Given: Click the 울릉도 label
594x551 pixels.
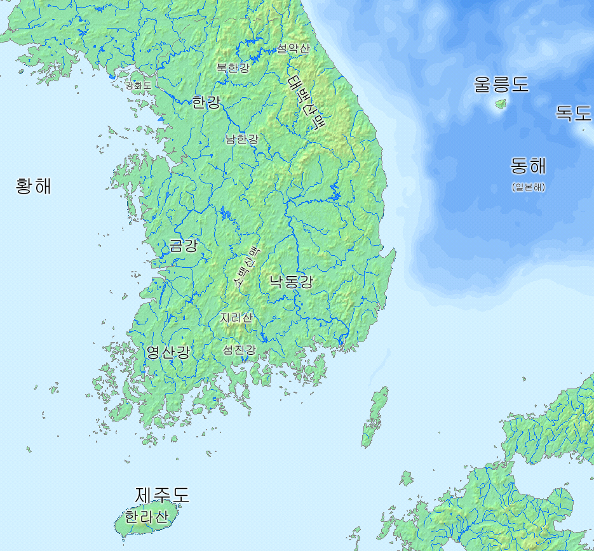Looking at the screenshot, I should [501, 84].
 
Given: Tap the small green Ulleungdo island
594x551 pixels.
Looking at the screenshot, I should [500, 103].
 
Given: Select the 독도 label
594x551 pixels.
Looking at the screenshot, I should [573, 113].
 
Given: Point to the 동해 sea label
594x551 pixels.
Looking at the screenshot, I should [528, 166].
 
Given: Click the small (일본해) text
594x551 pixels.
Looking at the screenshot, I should [528, 187].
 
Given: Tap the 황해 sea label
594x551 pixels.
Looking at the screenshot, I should [34, 186].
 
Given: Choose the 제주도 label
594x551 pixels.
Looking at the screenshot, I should [162, 495].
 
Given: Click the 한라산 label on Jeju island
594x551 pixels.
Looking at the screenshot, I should [147, 517].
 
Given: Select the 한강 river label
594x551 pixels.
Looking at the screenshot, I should [206, 102].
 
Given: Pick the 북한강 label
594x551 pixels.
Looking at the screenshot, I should [233, 67].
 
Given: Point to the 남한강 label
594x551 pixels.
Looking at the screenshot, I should [241, 139].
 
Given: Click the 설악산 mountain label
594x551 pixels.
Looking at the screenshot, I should [293, 49].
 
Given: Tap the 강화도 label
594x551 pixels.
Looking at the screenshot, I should [139, 85].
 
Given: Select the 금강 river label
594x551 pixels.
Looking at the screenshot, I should [184, 246].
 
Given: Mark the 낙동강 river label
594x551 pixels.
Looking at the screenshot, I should [291, 282].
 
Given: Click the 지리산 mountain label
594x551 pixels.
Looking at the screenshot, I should [236, 317].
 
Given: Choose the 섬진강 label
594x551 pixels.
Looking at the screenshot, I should [239, 350].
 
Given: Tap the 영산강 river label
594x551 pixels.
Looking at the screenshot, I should [168, 352].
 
